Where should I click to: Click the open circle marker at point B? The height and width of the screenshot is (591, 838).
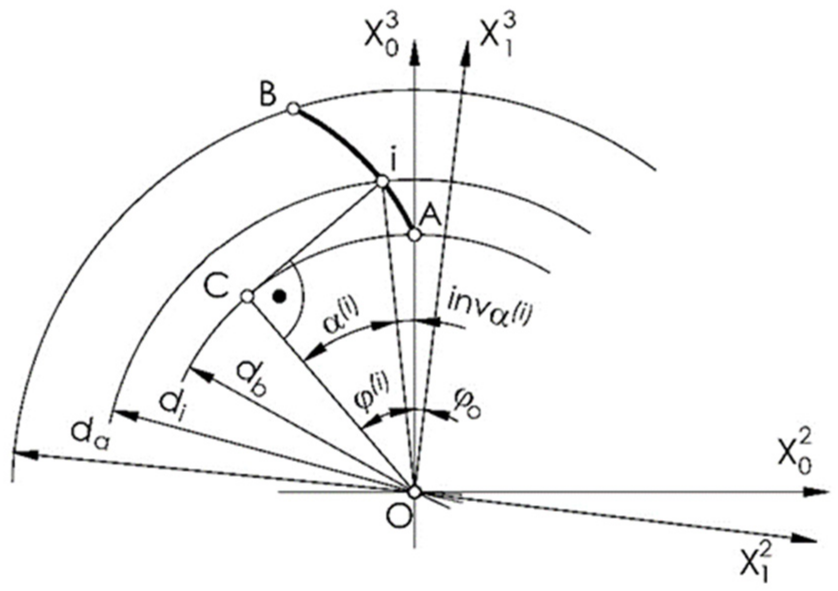[294, 108]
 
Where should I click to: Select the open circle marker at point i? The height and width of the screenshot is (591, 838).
[382, 181]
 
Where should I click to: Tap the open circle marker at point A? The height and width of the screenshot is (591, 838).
[414, 234]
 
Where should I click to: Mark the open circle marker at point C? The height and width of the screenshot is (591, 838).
[247, 296]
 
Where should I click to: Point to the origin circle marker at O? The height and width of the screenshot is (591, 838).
[414, 491]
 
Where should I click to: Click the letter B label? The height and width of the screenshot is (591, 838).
[268, 94]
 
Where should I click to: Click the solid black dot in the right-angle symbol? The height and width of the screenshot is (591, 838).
[280, 297]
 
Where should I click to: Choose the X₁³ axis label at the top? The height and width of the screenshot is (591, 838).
[497, 35]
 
